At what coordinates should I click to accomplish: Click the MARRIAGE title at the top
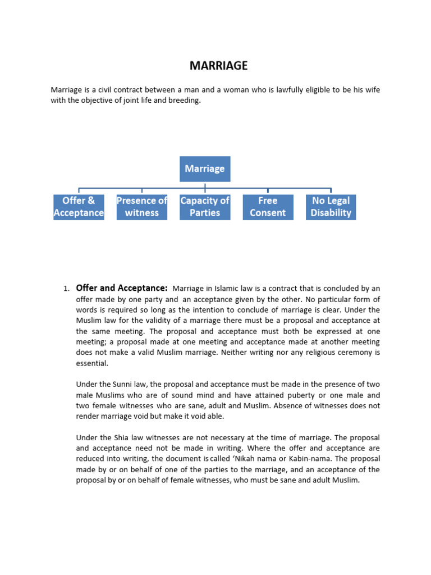coord(218,66)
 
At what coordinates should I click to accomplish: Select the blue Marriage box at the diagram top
coord(205,168)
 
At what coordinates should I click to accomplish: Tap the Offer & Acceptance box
coord(79,207)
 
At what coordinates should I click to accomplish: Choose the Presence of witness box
coord(141,207)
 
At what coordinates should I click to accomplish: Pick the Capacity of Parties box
coord(205,207)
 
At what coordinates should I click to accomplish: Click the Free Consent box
coord(268,207)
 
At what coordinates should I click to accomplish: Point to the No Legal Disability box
coord(331,207)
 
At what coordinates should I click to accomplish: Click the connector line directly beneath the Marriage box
coord(205,185)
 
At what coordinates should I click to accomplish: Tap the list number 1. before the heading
coord(66,289)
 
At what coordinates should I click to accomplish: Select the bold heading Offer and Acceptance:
coord(122,288)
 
